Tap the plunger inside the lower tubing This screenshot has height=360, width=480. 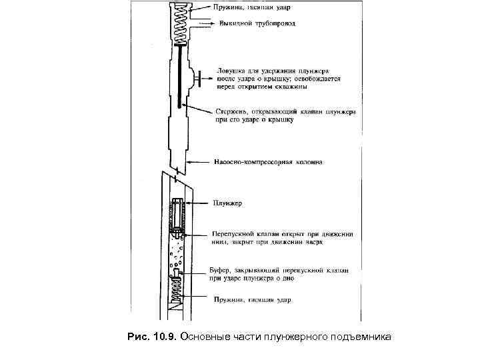[x=178, y=216]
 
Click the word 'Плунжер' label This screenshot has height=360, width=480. [x=227, y=202]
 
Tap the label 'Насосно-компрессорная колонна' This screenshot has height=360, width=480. [x=269, y=162]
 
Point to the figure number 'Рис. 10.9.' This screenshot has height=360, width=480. [x=151, y=337]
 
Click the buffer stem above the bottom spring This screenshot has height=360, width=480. [x=177, y=277]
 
